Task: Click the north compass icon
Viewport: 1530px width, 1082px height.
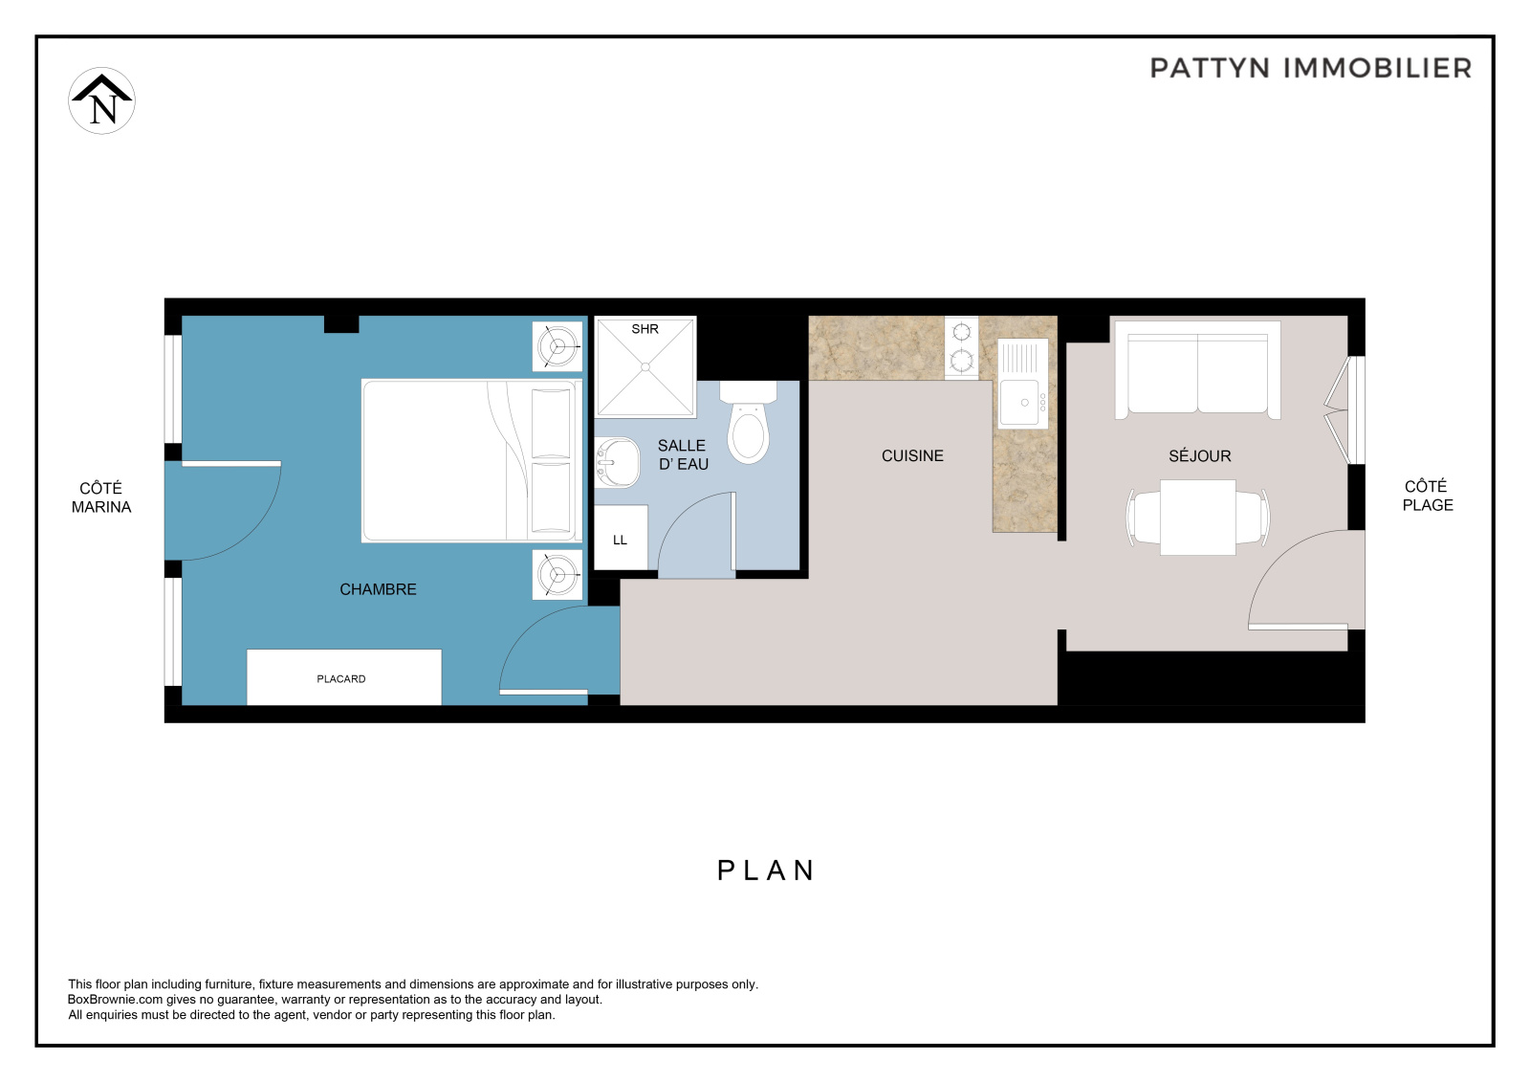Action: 101,100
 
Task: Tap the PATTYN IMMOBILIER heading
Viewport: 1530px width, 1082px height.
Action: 1311,68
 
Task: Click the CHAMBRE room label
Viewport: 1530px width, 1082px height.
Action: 378,589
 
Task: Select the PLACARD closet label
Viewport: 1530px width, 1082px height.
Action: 340,678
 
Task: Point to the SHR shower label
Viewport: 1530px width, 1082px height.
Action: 645,329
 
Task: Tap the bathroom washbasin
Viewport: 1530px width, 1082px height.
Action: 617,463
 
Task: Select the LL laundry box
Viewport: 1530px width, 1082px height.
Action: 621,538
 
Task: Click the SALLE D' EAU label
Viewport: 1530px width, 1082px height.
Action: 683,454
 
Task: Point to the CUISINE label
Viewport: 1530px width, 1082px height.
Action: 912,456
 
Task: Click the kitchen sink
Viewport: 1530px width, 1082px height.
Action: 1023,384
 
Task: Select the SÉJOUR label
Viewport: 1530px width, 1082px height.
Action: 1199,456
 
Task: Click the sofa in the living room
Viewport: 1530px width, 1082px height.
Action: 1197,370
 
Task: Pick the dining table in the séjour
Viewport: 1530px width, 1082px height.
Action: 1197,518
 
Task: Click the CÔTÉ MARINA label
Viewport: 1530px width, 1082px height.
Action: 101,497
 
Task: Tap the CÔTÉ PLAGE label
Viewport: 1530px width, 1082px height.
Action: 1428,496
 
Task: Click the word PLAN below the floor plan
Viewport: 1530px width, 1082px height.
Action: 766,871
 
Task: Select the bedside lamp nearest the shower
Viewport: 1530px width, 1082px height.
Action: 557,346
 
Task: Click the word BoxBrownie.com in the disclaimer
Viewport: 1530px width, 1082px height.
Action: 115,1000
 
